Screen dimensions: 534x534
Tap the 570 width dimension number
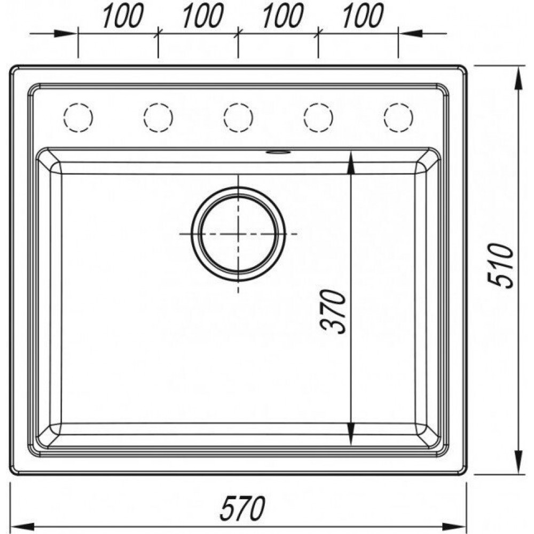point(242,508)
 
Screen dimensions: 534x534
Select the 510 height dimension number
point(500,265)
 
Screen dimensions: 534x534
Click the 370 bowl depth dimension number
point(333,312)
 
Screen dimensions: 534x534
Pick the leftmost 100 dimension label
point(123,15)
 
